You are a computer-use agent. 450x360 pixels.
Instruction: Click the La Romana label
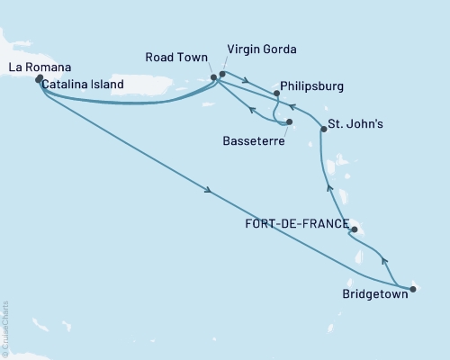point(33,67)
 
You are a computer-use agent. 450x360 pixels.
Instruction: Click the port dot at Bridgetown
point(413,289)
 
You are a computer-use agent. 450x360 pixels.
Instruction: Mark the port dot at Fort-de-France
point(354,230)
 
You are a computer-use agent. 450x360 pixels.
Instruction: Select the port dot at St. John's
point(323,130)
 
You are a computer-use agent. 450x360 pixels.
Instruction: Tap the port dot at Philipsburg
point(275,93)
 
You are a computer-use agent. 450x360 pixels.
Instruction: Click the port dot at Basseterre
point(290,121)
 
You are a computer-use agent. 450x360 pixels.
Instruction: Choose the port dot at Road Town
point(213,77)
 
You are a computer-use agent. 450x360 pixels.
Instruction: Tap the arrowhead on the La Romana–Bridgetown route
point(209,190)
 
